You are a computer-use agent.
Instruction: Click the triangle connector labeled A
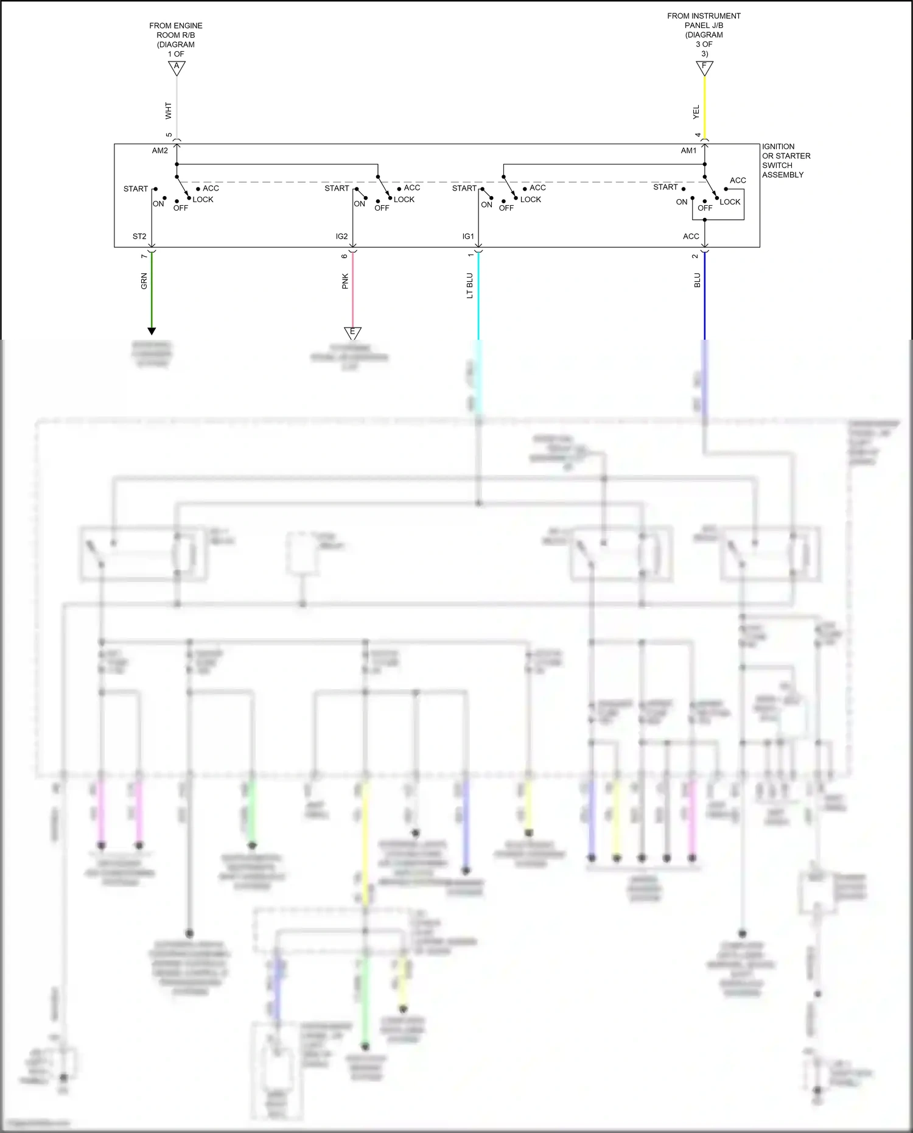pyautogui.click(x=177, y=67)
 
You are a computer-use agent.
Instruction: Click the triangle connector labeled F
pyautogui.click(x=704, y=67)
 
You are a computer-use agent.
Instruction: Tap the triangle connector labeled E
pyautogui.click(x=352, y=332)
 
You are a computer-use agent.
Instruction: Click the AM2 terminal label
pyautogui.click(x=160, y=151)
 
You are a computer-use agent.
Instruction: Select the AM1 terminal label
pyautogui.click(x=688, y=151)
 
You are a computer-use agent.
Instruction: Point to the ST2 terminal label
pyautogui.click(x=139, y=236)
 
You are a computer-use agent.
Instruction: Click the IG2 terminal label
pyautogui.click(x=341, y=236)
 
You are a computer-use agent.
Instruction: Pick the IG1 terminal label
pyautogui.click(x=467, y=236)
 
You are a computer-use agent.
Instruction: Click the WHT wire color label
pyautogui.click(x=169, y=111)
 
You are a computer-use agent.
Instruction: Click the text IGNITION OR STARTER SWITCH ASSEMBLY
pyautogui.click(x=786, y=161)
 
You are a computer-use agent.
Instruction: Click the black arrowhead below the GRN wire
pyautogui.click(x=152, y=331)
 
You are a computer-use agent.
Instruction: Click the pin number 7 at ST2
pyautogui.click(x=144, y=256)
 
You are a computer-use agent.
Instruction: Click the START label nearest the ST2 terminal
pyautogui.click(x=135, y=189)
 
